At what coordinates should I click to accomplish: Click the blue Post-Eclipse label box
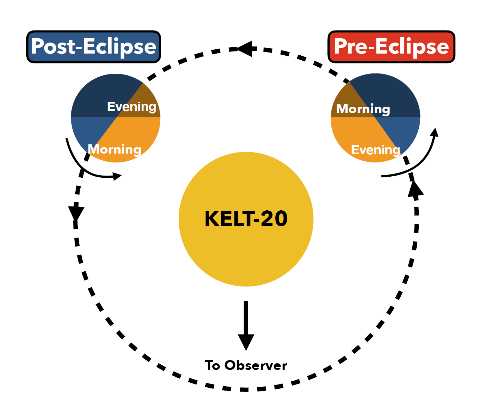pos(94,47)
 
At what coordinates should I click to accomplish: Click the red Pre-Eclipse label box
pos(391,47)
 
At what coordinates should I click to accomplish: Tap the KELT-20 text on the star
pos(246,218)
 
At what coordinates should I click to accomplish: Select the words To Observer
pos(246,365)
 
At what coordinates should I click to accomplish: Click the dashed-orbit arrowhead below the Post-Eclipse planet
pos(76,213)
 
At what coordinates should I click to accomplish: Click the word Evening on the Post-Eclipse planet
pos(131,106)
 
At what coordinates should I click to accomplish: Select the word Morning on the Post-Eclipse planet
pos(114,149)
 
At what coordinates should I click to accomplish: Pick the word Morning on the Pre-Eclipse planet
pos(363,109)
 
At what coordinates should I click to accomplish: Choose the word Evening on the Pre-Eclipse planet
pos(375,150)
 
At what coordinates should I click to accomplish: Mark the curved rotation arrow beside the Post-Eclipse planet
pos(85,167)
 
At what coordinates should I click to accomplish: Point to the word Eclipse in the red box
pos(412,47)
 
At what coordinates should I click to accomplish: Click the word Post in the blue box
pos(54,46)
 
